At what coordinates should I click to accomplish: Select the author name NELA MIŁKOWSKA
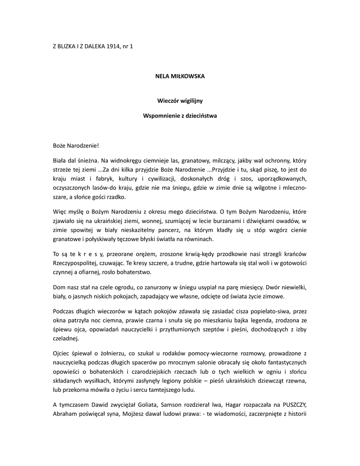(180, 76)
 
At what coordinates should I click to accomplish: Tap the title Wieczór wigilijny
(180, 100)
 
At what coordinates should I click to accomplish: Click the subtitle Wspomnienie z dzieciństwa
(180, 116)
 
